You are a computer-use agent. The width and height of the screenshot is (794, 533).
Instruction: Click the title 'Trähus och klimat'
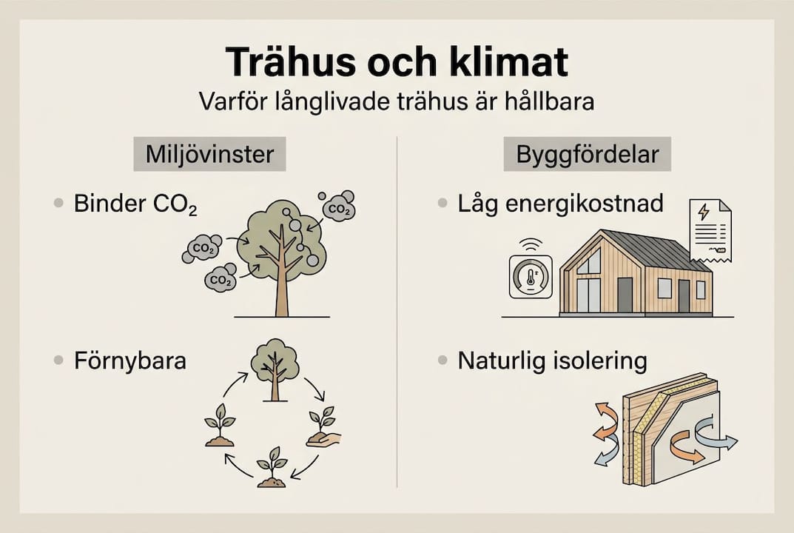[397, 62]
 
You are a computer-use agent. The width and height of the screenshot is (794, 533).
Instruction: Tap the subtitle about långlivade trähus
[397, 101]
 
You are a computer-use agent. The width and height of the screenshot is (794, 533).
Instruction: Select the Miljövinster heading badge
[209, 156]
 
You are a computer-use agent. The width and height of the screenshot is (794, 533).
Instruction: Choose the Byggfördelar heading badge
[588, 156]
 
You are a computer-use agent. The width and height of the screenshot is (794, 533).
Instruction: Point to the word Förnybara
[130, 361]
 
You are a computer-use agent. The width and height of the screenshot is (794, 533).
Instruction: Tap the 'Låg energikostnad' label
[560, 204]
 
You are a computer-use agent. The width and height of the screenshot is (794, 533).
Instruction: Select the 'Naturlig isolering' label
[552, 361]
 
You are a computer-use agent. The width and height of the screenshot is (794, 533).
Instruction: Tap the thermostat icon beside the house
[530, 277]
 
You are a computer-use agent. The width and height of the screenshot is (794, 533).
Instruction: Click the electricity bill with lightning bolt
[710, 230]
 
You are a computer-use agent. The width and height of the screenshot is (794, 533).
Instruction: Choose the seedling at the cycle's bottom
[272, 468]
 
